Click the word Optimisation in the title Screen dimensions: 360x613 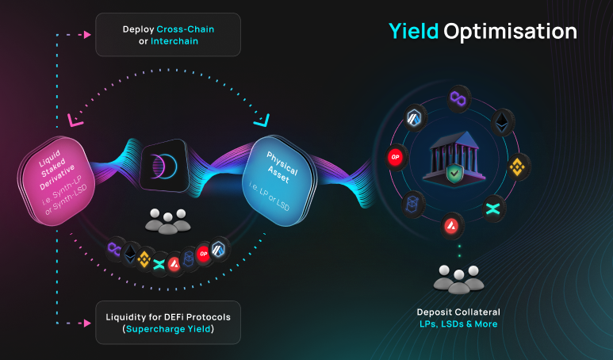click(510, 32)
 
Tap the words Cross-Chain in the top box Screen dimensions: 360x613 click(186, 29)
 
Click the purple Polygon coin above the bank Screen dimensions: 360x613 click(457, 98)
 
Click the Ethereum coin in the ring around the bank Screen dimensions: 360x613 click(501, 121)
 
